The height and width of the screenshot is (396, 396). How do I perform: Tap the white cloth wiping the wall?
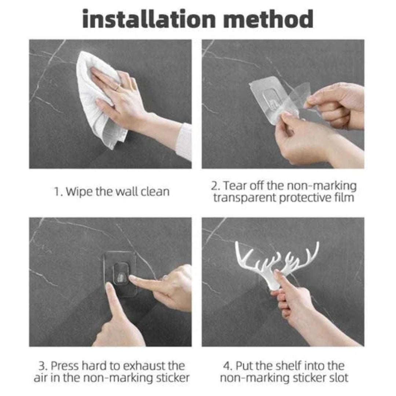tap(93, 99)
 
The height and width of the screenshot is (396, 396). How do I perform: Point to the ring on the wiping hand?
tap(117, 88)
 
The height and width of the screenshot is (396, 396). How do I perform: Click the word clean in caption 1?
tap(154, 191)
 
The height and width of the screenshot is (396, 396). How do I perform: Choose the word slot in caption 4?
tap(337, 378)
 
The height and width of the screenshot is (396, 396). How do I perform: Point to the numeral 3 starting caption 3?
tap(41, 366)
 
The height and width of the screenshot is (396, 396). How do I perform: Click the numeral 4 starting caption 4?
tap(226, 366)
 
